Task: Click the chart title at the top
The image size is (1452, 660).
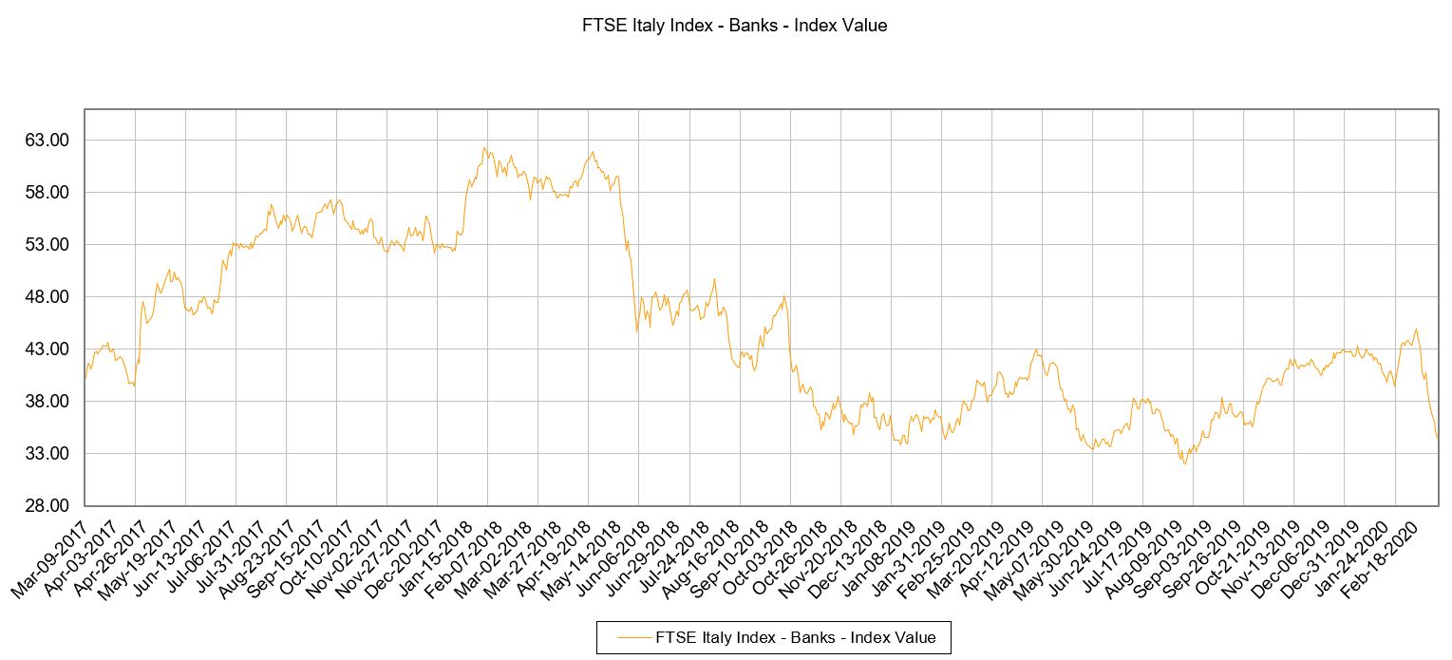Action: coord(734,27)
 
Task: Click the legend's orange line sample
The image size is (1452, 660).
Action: coord(633,637)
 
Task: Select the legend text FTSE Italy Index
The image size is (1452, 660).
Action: coord(796,637)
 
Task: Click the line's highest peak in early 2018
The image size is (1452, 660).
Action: coord(484,147)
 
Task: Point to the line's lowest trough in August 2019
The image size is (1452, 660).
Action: coord(1184,463)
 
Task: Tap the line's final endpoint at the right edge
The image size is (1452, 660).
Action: coord(1438,437)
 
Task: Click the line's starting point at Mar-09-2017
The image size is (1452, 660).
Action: coord(85,378)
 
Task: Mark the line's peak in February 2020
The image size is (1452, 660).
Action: coord(1416,330)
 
